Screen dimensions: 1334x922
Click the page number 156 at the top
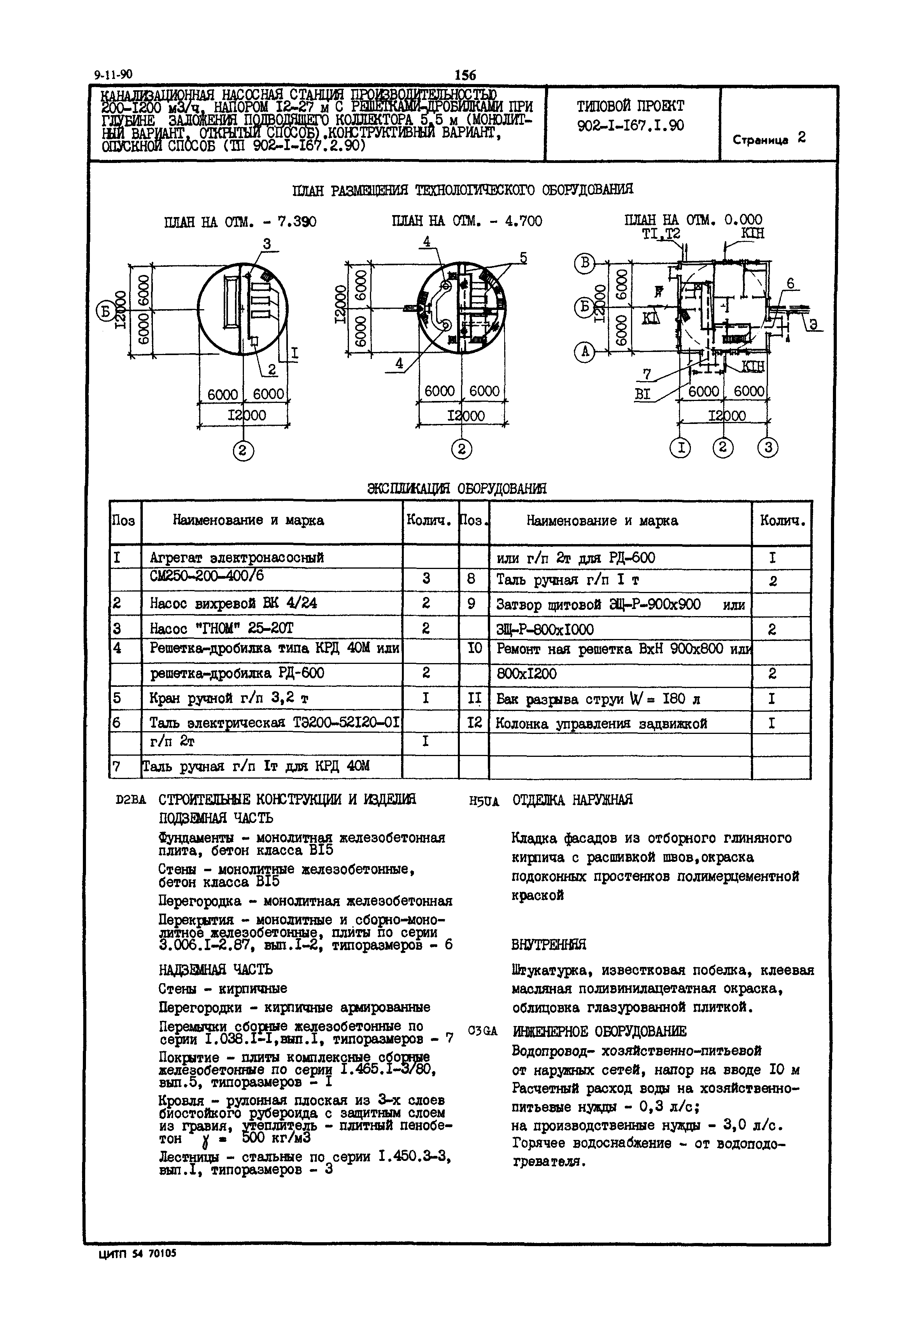(x=465, y=75)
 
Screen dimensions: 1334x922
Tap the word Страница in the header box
(x=760, y=140)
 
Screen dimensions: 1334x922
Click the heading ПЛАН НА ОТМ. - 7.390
(x=240, y=222)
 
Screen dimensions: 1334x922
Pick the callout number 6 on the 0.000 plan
(x=790, y=284)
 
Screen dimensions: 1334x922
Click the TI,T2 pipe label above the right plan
(x=661, y=233)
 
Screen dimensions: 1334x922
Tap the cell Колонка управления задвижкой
(x=601, y=724)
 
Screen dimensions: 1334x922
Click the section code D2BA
(x=131, y=800)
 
